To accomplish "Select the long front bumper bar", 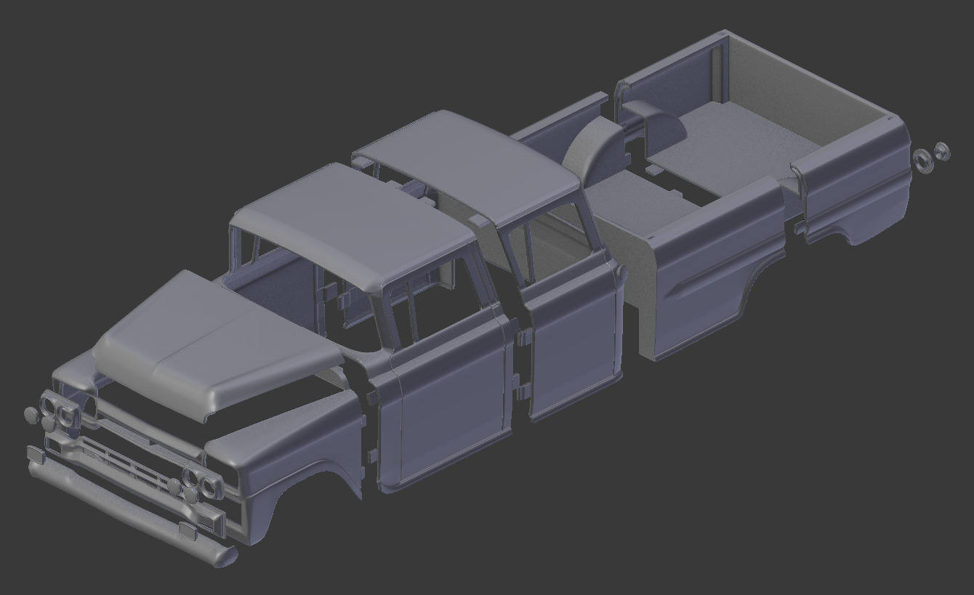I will [131, 509].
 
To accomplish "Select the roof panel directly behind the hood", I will [349, 225].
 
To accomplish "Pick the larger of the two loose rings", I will [924, 160].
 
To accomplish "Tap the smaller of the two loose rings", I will [942, 151].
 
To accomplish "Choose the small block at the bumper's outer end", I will [35, 455].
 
